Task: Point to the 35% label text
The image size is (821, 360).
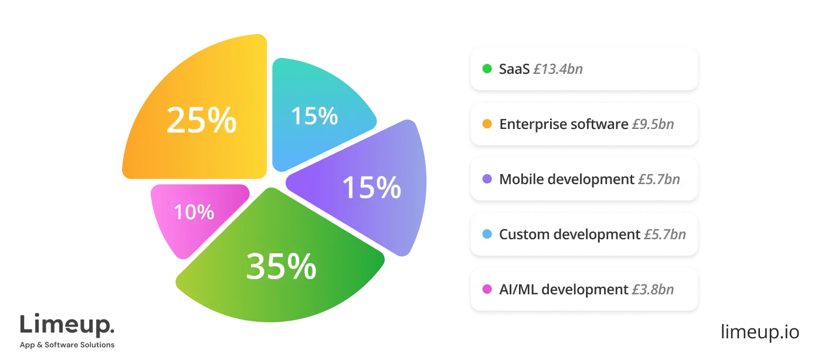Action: [281, 267]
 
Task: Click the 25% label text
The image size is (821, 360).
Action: [201, 121]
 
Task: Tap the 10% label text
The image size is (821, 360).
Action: [194, 212]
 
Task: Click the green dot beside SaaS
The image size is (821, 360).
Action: [487, 69]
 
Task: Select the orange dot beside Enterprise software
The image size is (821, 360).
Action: [487, 124]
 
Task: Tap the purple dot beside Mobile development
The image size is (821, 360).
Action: [487, 179]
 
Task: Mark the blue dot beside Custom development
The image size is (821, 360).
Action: [487, 235]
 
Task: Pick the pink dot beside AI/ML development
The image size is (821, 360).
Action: [487, 290]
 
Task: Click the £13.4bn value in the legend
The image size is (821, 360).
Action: [558, 69]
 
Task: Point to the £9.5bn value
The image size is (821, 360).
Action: [653, 124]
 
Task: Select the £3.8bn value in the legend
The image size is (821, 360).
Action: [653, 290]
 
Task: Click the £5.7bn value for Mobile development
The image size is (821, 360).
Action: [659, 179]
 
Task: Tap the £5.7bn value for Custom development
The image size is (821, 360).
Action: [664, 235]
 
